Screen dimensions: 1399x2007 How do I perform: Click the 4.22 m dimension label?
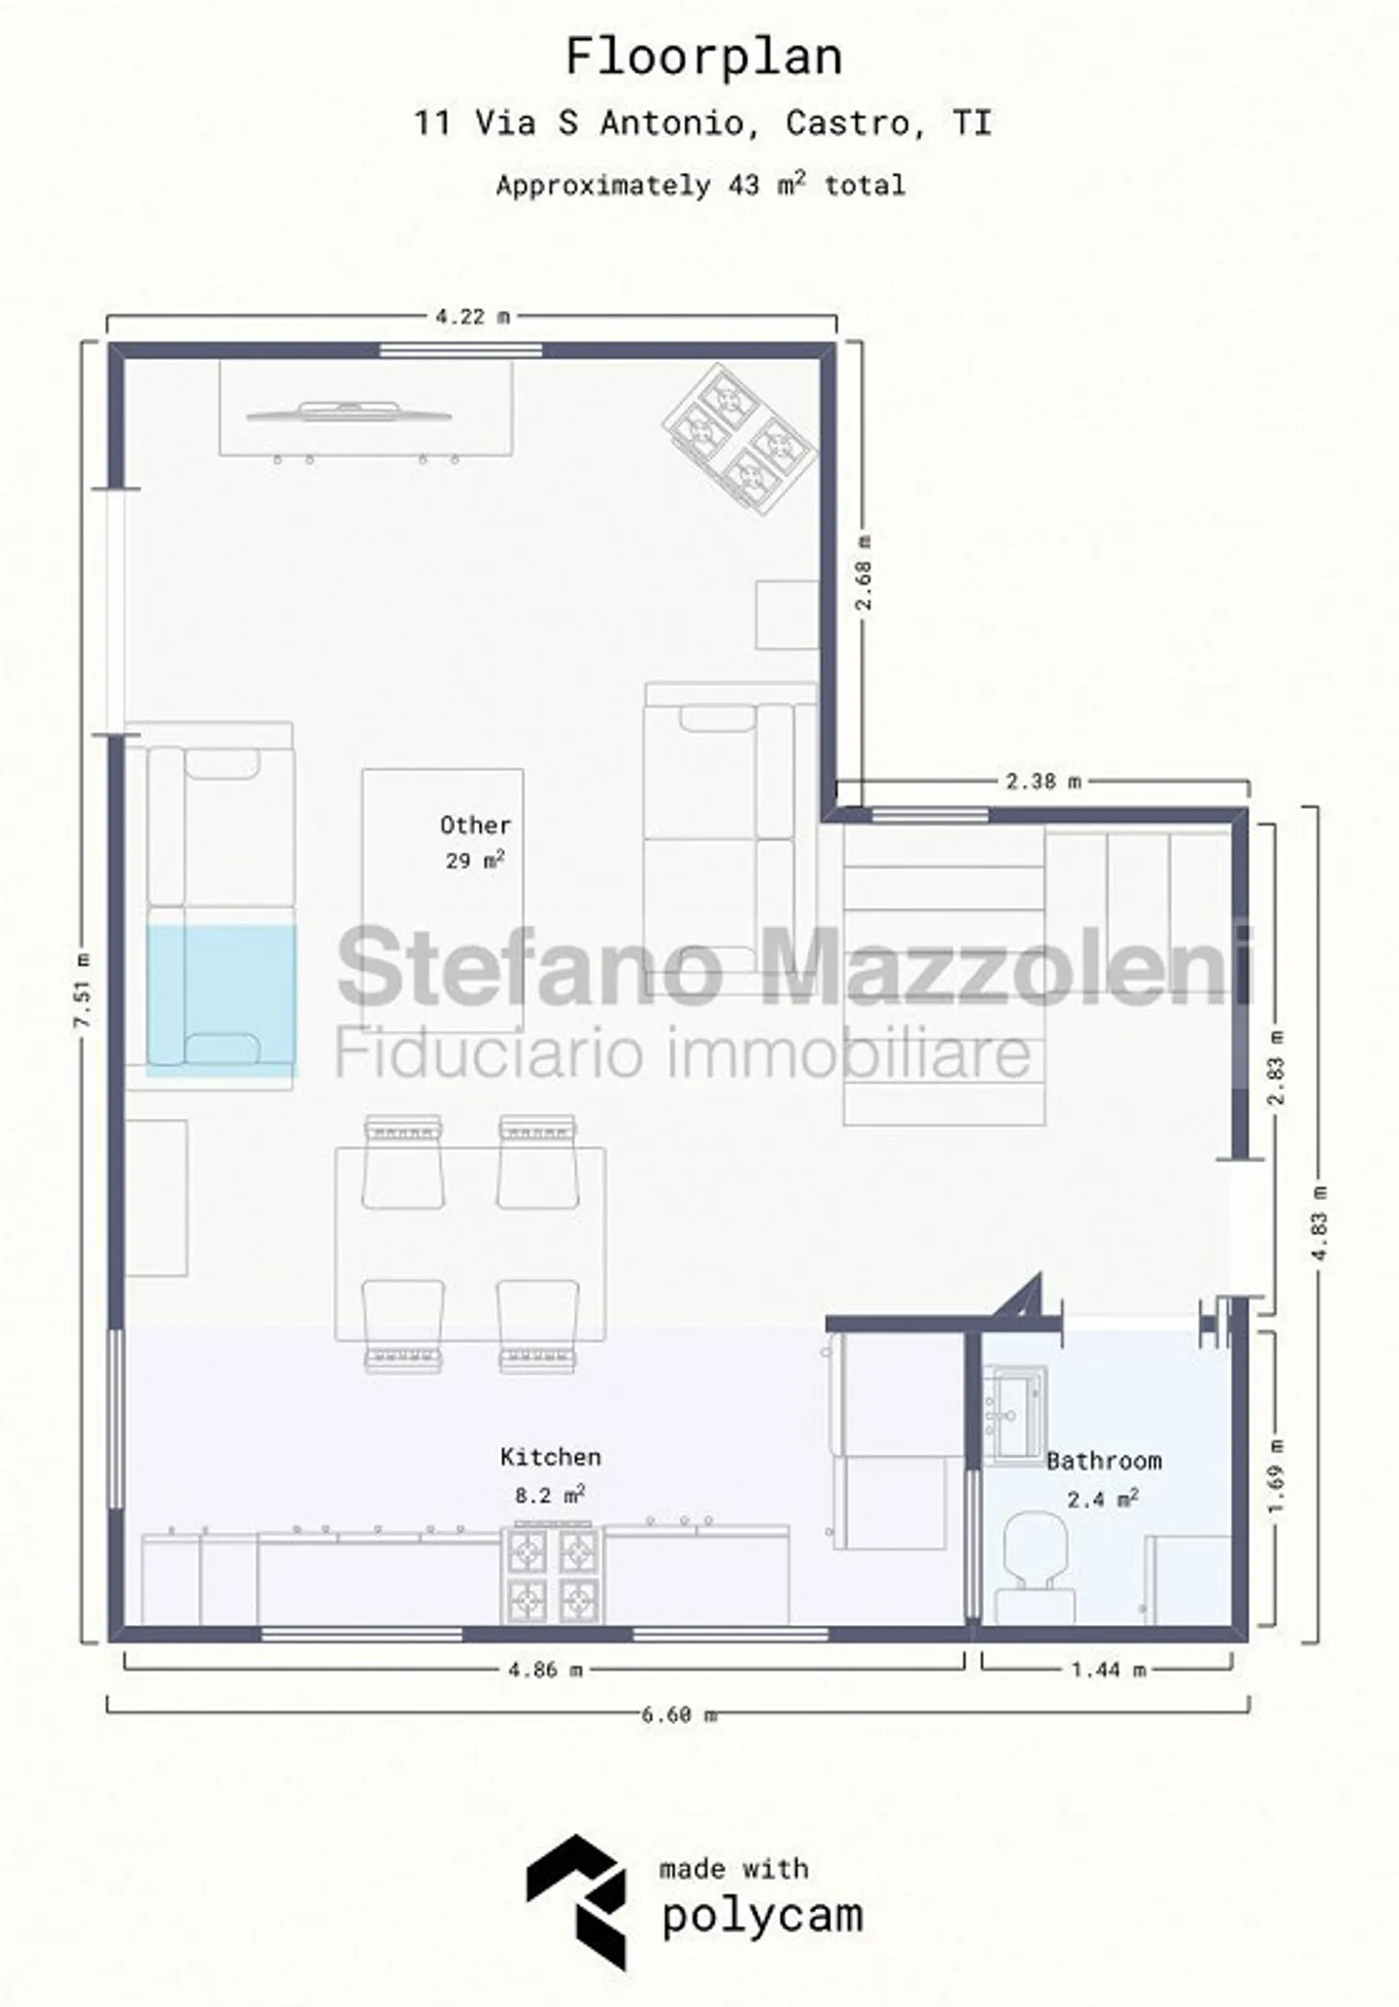coord(472,316)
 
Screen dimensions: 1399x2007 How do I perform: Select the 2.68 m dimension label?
coord(863,572)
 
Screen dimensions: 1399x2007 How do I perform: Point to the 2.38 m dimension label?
coord(1043,780)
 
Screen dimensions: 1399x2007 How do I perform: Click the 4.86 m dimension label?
coord(546,1670)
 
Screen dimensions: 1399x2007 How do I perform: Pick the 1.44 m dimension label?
coord(1109,1670)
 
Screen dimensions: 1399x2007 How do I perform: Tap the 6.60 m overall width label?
coord(679,1714)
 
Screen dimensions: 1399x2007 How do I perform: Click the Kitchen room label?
coord(551,1456)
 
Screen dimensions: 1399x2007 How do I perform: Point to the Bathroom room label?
coord(1104,1460)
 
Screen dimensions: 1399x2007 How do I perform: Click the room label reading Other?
coord(475,825)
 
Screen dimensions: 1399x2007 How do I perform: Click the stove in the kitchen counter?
coord(551,1574)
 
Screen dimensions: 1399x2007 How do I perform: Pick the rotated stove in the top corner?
coord(739,440)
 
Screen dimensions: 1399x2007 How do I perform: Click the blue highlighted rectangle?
coord(222,1000)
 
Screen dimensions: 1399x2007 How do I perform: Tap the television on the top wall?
coord(349,413)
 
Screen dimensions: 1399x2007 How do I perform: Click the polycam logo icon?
coord(577,1902)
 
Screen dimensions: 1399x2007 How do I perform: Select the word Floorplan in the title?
coord(703,56)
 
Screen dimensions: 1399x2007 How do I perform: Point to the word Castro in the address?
coord(848,123)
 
